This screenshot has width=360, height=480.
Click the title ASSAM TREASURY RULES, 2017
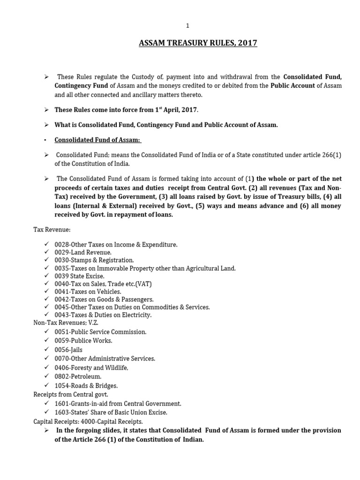tap(198, 44)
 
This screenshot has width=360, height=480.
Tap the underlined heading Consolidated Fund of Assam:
tap(98, 140)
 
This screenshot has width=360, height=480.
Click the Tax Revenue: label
tap(52, 230)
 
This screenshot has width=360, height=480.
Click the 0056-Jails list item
tap(69, 350)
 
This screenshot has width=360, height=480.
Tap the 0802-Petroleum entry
tap(78, 376)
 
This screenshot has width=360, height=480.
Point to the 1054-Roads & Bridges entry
tap(86, 386)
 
